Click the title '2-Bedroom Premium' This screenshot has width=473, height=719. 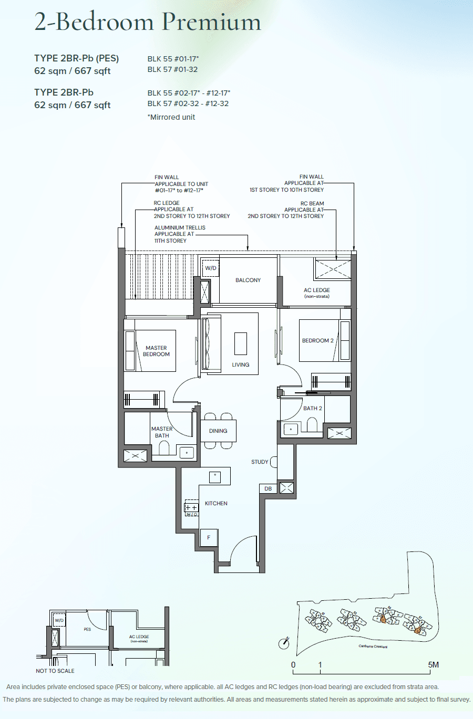click(x=148, y=22)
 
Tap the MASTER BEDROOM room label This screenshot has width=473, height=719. click(x=156, y=351)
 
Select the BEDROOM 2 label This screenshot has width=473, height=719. click(x=317, y=340)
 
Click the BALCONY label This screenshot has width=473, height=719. click(x=248, y=280)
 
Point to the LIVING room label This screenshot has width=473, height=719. click(x=241, y=364)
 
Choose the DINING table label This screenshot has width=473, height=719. click(x=218, y=431)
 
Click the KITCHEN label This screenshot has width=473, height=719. click(x=216, y=503)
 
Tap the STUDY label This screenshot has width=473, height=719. click(x=260, y=462)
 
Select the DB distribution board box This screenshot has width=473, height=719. click(x=268, y=488)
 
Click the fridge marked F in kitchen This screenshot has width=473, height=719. click(x=209, y=537)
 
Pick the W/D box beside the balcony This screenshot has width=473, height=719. click(x=211, y=268)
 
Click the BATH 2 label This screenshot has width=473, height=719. click(x=313, y=408)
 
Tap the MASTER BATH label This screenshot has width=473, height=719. click(x=162, y=432)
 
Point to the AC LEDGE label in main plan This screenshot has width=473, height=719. click(x=317, y=293)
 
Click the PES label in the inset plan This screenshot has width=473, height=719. click(x=87, y=629)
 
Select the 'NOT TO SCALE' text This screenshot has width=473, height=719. click(x=55, y=671)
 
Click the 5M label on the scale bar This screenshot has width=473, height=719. click(x=433, y=665)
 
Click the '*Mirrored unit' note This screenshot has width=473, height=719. click(x=171, y=117)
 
